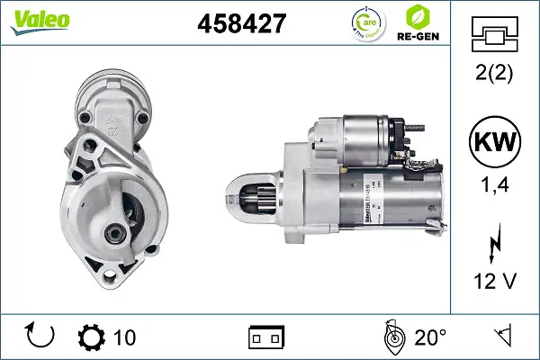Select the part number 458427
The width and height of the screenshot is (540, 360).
click(241, 24)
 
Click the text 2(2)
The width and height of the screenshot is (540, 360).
click(494, 75)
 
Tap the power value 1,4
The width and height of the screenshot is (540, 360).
click(494, 186)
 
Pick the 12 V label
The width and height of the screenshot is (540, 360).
click(494, 282)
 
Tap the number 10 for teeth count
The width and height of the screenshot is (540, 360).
click(125, 337)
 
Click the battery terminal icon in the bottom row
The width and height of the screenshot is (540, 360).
click(265, 337)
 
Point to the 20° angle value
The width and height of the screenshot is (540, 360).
click(430, 337)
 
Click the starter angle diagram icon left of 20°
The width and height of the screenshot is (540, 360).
click(391, 337)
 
